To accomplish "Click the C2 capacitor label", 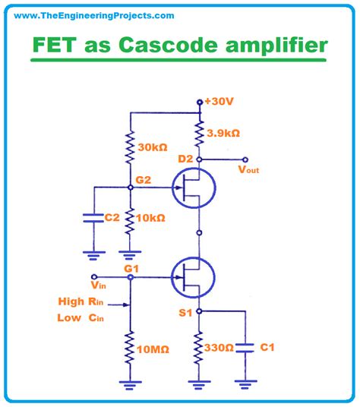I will click(x=112, y=217).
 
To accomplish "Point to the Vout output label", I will click(x=249, y=170).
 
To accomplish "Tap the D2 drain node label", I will click(x=185, y=158).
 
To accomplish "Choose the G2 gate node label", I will click(x=143, y=179).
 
